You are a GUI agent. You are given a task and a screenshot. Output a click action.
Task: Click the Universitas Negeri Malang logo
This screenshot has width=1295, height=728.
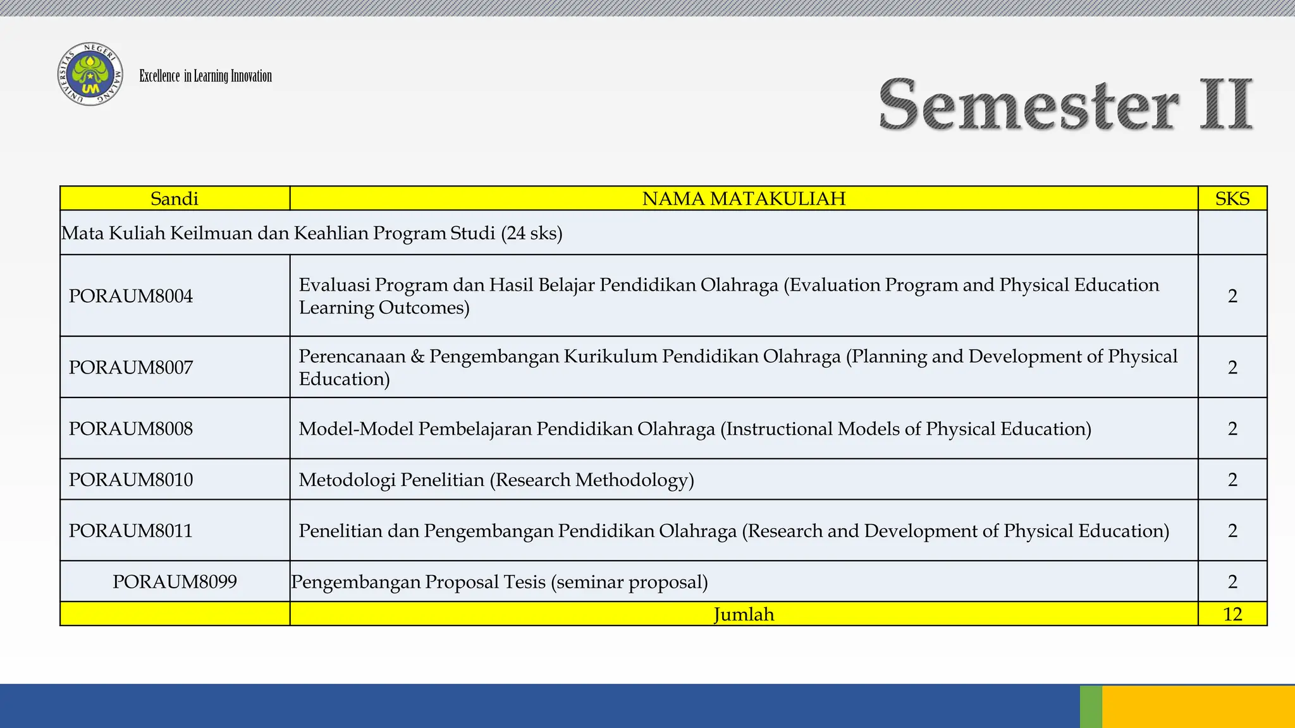tap(90, 75)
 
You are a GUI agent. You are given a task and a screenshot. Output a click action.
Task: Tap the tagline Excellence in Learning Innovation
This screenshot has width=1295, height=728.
tap(206, 76)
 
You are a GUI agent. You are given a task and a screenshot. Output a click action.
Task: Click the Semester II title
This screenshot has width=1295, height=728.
tap(1065, 104)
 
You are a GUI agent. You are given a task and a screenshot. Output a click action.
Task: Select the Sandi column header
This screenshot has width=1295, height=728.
tap(175, 198)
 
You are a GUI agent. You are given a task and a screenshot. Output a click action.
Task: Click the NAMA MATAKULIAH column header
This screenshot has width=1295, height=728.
tap(744, 198)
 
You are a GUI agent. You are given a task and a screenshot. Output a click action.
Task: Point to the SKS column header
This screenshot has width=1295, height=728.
tap(1232, 198)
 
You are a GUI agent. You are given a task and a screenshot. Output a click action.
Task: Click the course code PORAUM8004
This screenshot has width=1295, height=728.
tap(131, 296)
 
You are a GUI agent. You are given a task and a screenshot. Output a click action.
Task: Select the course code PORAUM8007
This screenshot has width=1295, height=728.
tap(131, 367)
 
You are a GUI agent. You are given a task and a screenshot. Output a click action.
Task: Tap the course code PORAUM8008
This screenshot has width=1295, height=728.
tap(131, 428)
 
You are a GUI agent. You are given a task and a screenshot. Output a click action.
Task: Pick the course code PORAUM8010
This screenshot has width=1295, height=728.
tap(131, 480)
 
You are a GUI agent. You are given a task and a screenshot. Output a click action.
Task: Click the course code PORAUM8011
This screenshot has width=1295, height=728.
tap(131, 530)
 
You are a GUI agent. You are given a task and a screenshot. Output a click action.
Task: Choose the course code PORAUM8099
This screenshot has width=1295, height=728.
tap(175, 581)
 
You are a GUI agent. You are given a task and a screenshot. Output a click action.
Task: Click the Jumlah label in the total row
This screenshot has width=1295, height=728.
tap(744, 614)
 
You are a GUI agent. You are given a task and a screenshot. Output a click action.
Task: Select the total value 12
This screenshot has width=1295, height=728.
tap(1232, 614)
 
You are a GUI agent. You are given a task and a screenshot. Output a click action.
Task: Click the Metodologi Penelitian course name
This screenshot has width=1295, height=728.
tap(496, 480)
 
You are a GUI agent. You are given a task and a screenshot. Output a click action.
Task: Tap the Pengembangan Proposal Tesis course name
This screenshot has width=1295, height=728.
tap(500, 581)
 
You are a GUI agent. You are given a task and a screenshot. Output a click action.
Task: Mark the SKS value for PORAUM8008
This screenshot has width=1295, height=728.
tap(1232, 428)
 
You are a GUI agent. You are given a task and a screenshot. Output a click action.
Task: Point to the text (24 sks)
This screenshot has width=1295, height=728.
tap(532, 233)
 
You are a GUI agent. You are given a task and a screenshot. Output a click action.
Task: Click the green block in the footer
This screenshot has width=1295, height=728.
tap(1091, 707)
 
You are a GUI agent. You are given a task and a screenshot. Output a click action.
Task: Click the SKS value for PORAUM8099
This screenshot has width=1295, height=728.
tap(1232, 581)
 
